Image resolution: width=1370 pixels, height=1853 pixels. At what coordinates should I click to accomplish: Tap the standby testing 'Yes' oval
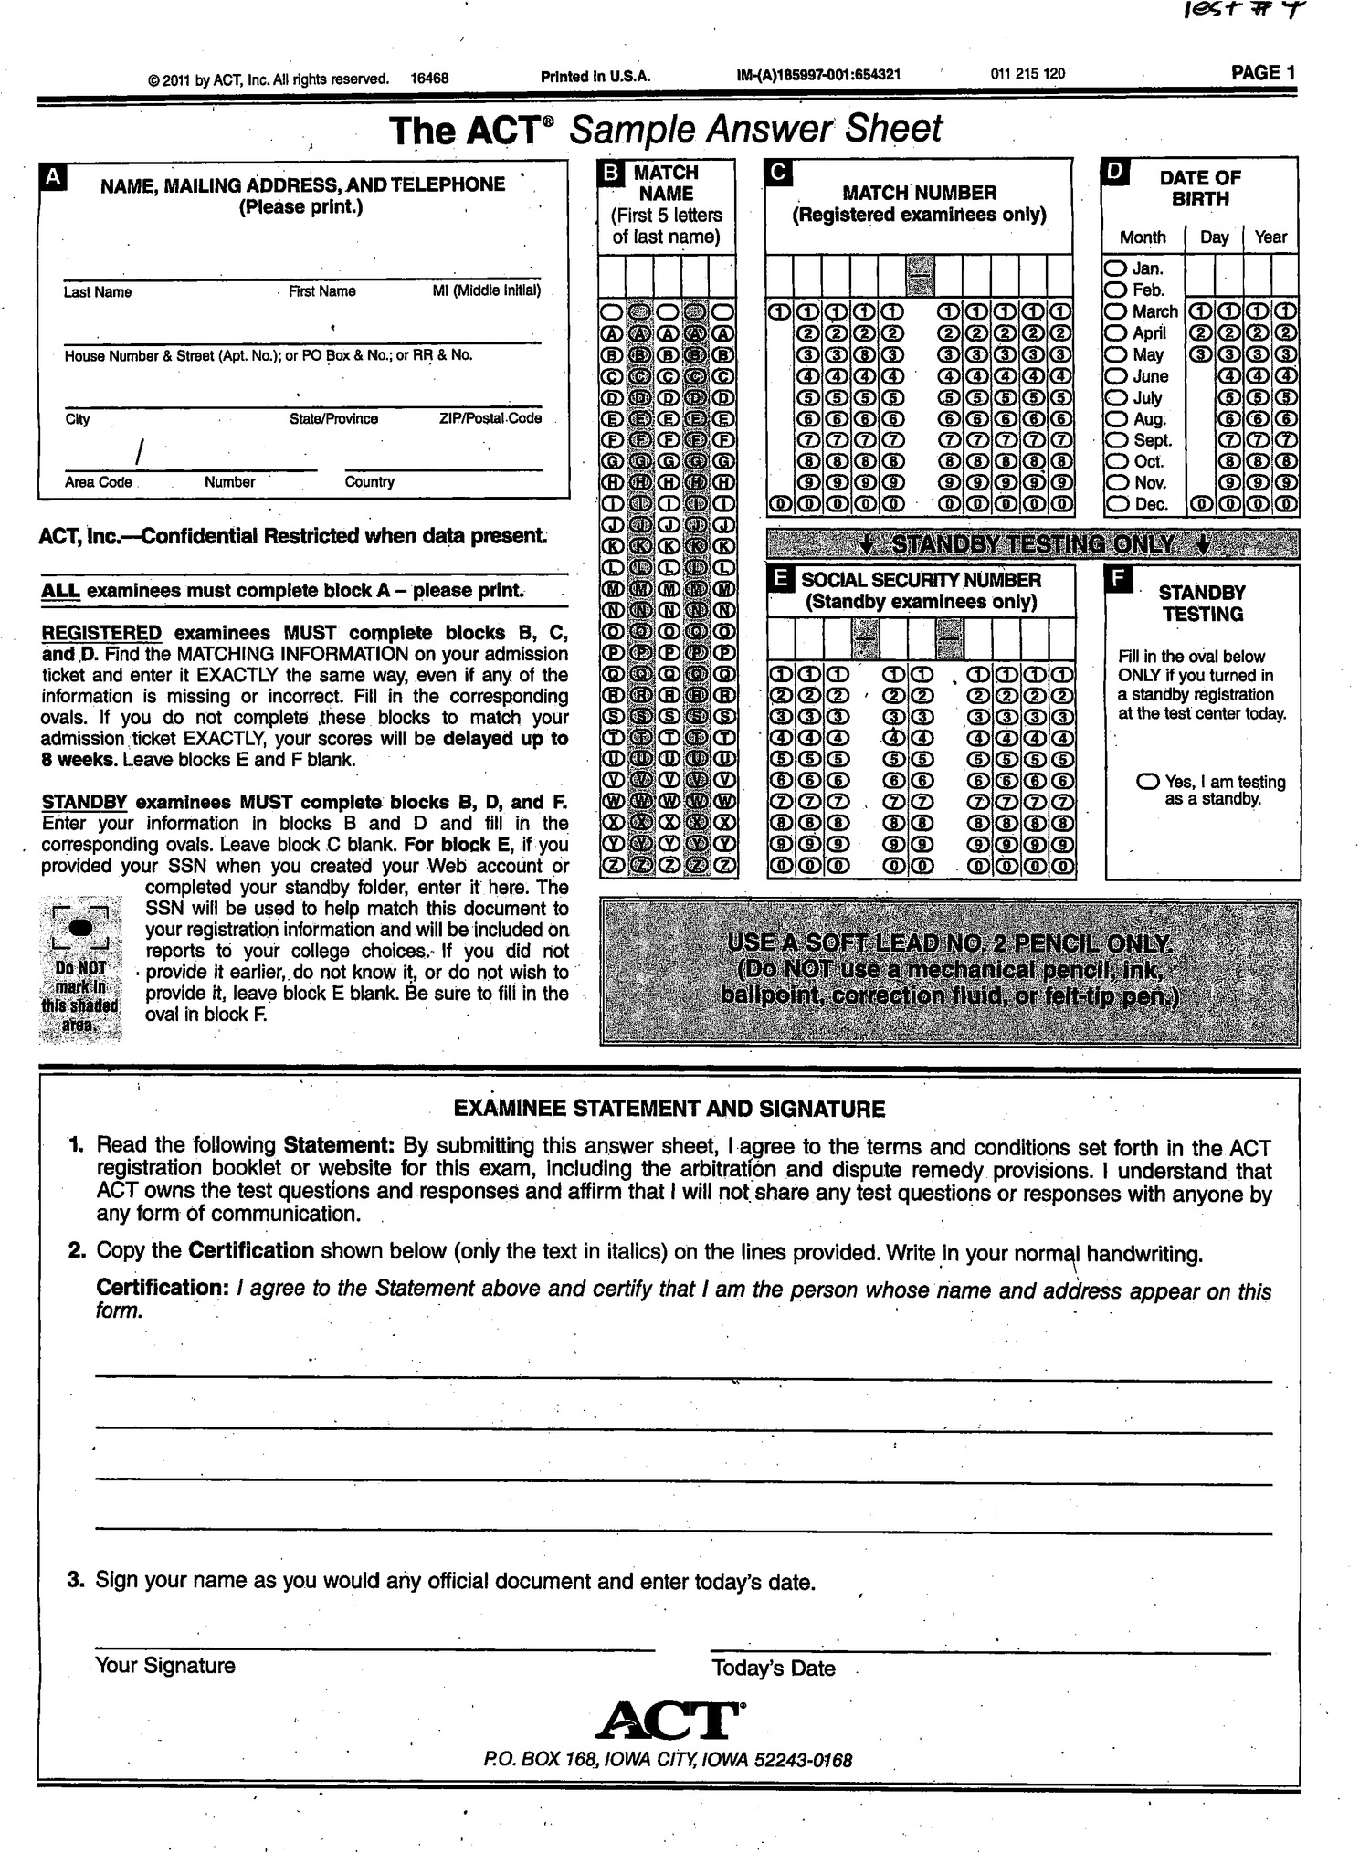point(1148,783)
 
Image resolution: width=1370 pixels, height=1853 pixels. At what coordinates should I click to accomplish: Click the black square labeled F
point(1118,579)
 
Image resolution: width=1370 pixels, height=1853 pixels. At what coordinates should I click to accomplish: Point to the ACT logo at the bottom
point(669,1721)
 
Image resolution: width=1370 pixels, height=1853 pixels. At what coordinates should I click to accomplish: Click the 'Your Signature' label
point(165,1666)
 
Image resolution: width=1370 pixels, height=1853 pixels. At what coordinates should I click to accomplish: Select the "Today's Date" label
point(773,1669)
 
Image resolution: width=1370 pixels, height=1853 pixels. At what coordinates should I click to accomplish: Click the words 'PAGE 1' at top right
point(1262,73)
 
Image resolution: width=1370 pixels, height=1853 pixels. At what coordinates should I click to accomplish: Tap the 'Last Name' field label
point(98,292)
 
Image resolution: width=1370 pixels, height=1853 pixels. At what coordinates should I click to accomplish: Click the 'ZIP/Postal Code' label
point(490,418)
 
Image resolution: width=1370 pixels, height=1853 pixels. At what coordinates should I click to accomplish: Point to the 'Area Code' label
point(98,482)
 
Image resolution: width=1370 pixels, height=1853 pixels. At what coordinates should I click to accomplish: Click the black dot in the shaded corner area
point(81,926)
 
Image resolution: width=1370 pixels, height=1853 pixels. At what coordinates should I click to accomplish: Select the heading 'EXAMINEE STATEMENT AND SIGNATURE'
point(669,1110)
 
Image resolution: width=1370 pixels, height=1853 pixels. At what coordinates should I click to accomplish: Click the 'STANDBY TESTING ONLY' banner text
point(1032,544)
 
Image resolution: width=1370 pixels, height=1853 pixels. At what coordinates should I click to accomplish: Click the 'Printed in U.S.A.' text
point(595,77)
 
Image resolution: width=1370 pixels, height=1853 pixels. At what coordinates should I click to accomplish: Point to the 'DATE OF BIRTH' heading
point(1199,188)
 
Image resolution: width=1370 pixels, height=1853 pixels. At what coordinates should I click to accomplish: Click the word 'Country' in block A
point(369,482)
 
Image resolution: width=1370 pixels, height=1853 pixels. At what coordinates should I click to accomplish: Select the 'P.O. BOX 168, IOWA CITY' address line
point(669,1760)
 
